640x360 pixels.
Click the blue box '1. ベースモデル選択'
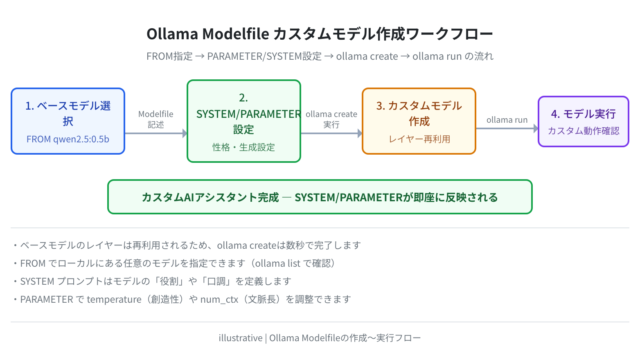(x=68, y=121)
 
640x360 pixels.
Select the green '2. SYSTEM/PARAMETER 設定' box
(x=244, y=121)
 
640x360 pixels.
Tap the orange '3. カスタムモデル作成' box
(x=419, y=121)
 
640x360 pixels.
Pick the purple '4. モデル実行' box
(x=583, y=121)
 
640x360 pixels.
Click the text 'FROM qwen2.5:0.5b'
(x=68, y=139)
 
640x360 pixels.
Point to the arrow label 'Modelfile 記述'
(x=156, y=119)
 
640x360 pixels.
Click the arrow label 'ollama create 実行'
(x=331, y=119)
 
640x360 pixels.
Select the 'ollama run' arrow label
(x=507, y=120)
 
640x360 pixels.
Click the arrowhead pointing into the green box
(x=185, y=133)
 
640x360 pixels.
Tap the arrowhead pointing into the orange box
(x=360, y=133)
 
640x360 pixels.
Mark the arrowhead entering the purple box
(x=536, y=129)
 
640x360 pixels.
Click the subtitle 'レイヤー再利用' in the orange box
(x=419, y=139)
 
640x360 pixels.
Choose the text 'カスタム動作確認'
(x=583, y=131)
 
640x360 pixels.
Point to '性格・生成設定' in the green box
(x=244, y=147)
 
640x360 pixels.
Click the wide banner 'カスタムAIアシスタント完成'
(x=320, y=197)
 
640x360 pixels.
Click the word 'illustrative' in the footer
(x=240, y=338)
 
